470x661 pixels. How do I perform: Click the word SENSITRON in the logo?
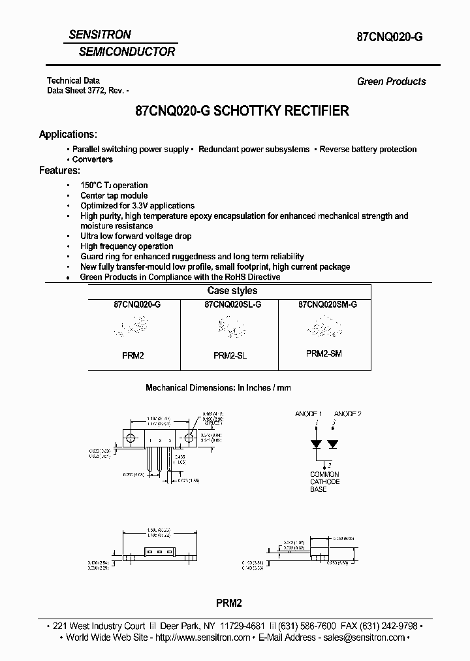[x=101, y=35]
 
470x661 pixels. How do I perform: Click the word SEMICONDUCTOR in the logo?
[x=127, y=52]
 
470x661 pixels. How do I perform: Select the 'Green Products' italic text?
[x=391, y=82]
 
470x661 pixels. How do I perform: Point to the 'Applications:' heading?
[x=68, y=135]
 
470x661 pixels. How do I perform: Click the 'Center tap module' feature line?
[x=114, y=195]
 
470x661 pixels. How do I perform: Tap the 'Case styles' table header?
[x=232, y=291]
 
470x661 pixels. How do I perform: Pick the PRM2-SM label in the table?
[x=324, y=353]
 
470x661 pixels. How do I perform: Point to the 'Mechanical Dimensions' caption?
[x=218, y=388]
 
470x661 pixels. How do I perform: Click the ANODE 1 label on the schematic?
[x=309, y=414]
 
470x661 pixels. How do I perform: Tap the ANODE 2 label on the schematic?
[x=347, y=414]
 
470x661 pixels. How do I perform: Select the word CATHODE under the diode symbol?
[x=324, y=482]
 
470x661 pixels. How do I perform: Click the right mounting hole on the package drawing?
[x=189, y=438]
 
